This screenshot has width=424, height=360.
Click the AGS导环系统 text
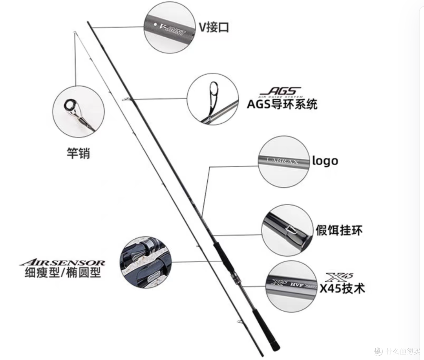click(x=282, y=104)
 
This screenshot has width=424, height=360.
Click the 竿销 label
click(x=78, y=152)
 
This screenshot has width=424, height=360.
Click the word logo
click(x=325, y=161)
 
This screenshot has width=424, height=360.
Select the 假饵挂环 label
click(x=340, y=230)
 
